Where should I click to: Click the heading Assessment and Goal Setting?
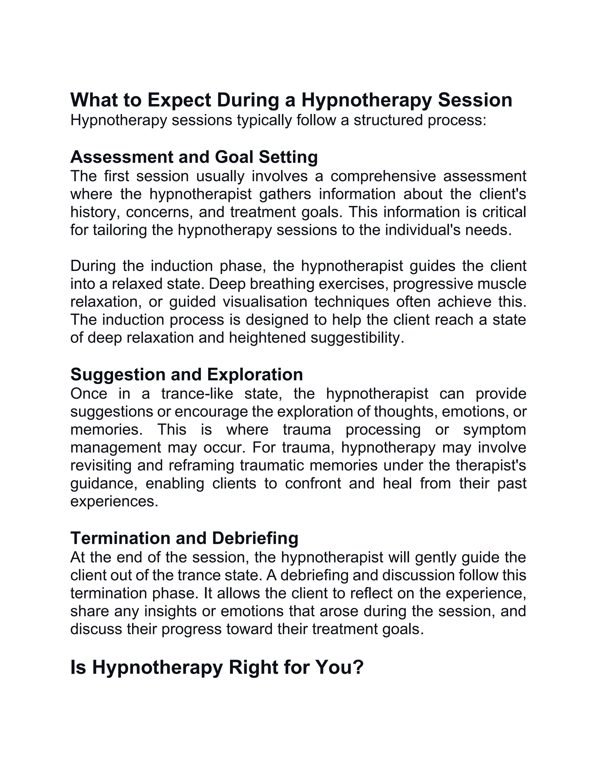pyautogui.click(x=194, y=157)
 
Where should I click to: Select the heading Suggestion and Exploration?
pyautogui.click(x=186, y=374)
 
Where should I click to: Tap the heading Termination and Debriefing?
pyautogui.click(x=184, y=538)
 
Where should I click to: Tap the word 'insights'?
pyautogui.click(x=170, y=611)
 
